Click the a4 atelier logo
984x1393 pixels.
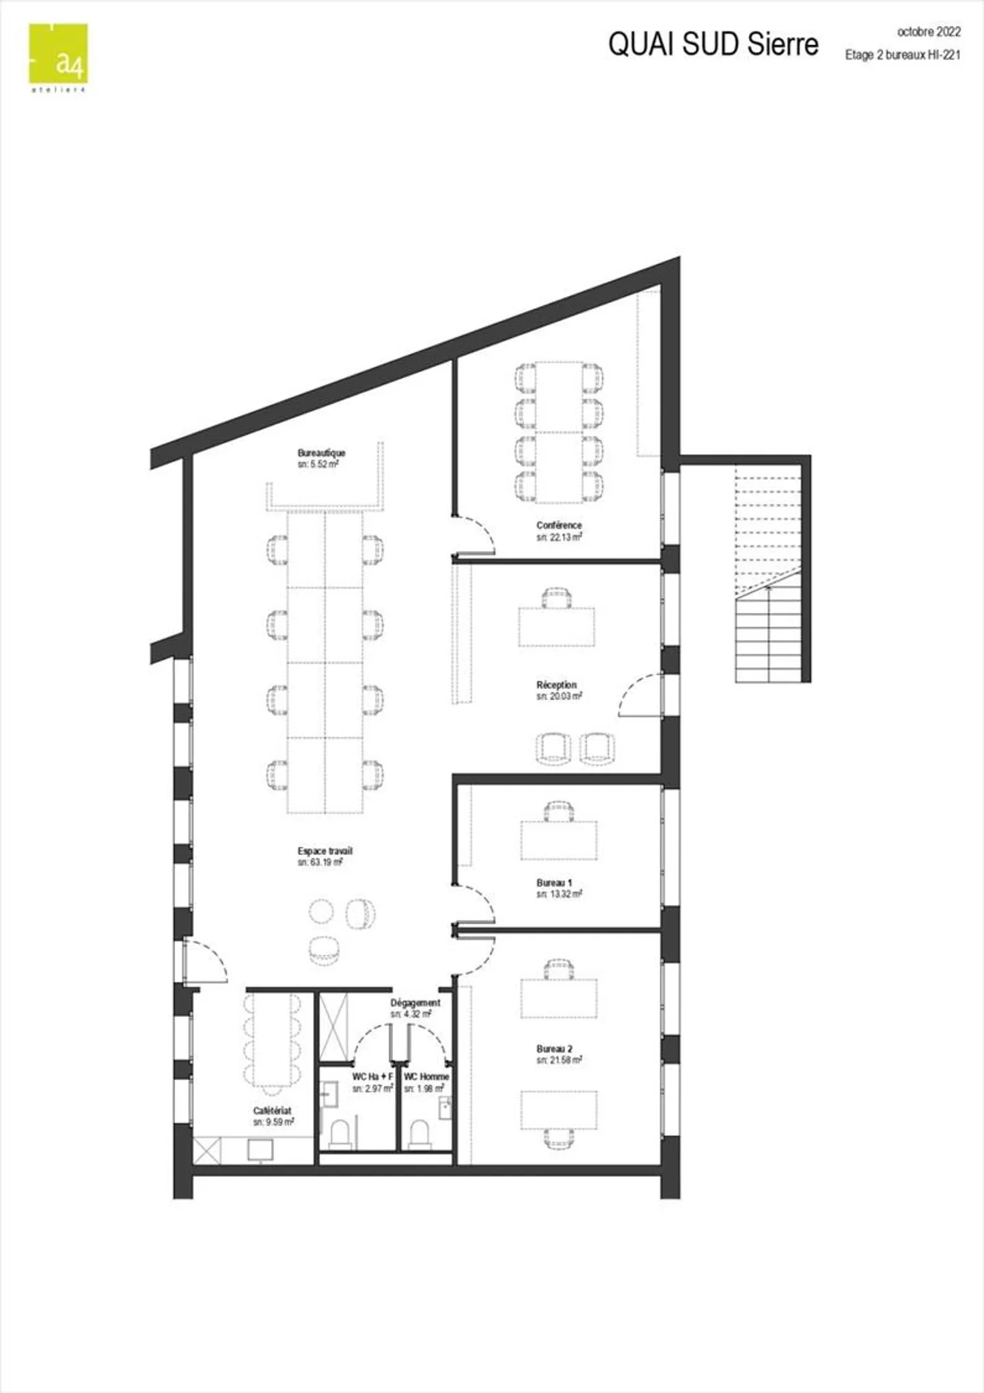[58, 57]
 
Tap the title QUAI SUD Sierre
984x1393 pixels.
[713, 44]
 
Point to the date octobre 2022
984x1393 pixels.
[929, 31]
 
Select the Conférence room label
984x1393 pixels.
[559, 525]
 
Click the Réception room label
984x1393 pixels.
[556, 684]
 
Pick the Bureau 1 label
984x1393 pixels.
[554, 882]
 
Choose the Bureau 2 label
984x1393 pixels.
[554, 1049]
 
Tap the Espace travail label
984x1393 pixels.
[325, 851]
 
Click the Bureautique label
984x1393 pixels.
[321, 452]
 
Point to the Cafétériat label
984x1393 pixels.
[272, 1111]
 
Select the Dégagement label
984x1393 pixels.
[415, 1003]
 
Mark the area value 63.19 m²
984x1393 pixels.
[320, 863]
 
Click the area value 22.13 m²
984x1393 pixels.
[559, 537]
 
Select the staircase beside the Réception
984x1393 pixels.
[768, 573]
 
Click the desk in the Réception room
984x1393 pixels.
[556, 626]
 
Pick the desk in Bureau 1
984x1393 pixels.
[559, 840]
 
